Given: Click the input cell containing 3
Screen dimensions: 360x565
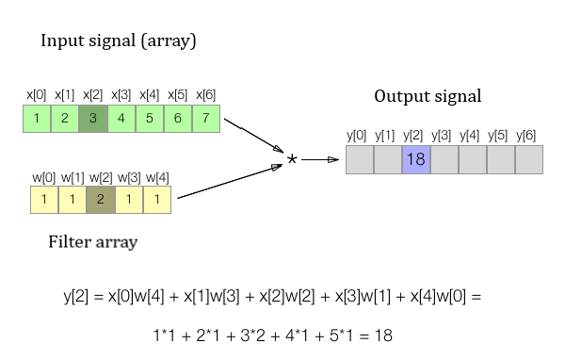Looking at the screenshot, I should (93, 119).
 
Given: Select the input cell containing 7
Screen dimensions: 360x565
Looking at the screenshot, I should (206, 119).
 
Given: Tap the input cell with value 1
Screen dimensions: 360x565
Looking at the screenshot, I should (36, 119).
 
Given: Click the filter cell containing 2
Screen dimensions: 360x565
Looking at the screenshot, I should (101, 199).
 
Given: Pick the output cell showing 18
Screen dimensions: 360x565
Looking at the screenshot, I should (416, 159).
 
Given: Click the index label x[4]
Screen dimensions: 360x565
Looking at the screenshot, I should (149, 95).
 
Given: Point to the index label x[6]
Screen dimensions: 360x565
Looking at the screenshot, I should (205, 95).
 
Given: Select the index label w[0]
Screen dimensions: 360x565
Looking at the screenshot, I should (43, 176).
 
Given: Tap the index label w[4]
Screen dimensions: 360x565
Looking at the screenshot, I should (156, 176).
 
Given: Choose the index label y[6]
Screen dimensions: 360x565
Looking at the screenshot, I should (528, 137).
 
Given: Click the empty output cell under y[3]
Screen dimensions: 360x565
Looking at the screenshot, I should (444, 159).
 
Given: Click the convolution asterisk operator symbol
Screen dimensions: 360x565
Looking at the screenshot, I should (292, 159).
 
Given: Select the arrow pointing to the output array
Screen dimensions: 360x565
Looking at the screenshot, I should (320, 159).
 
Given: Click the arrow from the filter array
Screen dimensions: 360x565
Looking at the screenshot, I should (231, 181).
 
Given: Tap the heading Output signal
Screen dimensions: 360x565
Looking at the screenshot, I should (428, 96).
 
